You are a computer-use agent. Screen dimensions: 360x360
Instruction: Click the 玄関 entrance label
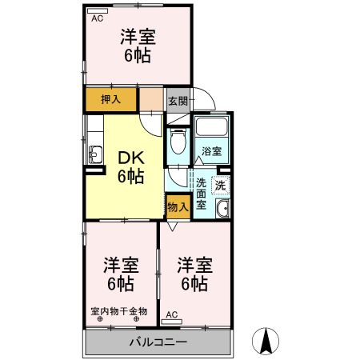click(x=178, y=101)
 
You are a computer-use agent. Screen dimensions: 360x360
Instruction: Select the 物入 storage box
click(x=178, y=206)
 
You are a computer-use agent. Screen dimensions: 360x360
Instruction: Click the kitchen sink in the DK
click(x=94, y=154)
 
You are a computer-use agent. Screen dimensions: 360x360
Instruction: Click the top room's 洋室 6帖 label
click(x=138, y=46)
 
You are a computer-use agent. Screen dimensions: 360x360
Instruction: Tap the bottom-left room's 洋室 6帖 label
click(x=120, y=274)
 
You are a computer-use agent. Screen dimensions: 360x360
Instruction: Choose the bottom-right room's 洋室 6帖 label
click(x=194, y=274)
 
